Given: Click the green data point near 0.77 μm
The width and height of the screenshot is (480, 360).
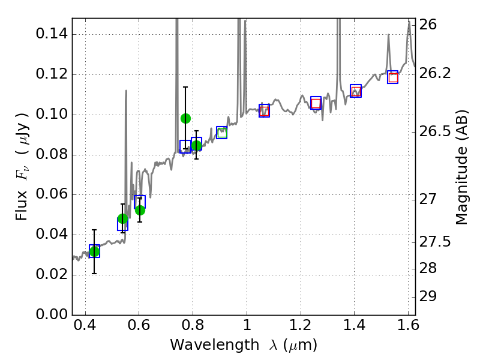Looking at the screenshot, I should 185,118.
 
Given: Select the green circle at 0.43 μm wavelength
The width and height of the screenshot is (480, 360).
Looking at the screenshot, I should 94,251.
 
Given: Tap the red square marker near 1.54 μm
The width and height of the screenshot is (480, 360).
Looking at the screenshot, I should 393,77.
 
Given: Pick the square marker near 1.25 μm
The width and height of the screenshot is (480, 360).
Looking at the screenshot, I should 316,103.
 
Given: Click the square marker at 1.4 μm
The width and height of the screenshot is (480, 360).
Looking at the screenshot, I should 356,91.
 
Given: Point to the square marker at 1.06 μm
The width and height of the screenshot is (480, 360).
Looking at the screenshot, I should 264,110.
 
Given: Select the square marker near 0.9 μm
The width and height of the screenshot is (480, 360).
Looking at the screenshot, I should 221,133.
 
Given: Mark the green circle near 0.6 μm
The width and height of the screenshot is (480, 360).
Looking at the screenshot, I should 140,210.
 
